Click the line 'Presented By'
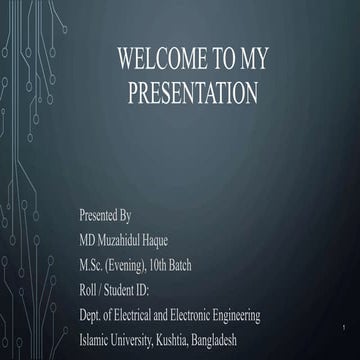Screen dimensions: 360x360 pyautogui.click(x=105, y=215)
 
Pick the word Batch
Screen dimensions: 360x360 pyautogui.click(x=204, y=265)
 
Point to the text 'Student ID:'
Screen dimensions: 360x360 pyautogui.click(x=133, y=290)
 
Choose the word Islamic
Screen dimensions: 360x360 pyautogui.click(x=96, y=340)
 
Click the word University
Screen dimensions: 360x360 pyautogui.click(x=138, y=340)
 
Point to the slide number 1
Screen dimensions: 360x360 pyautogui.click(x=342, y=328)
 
